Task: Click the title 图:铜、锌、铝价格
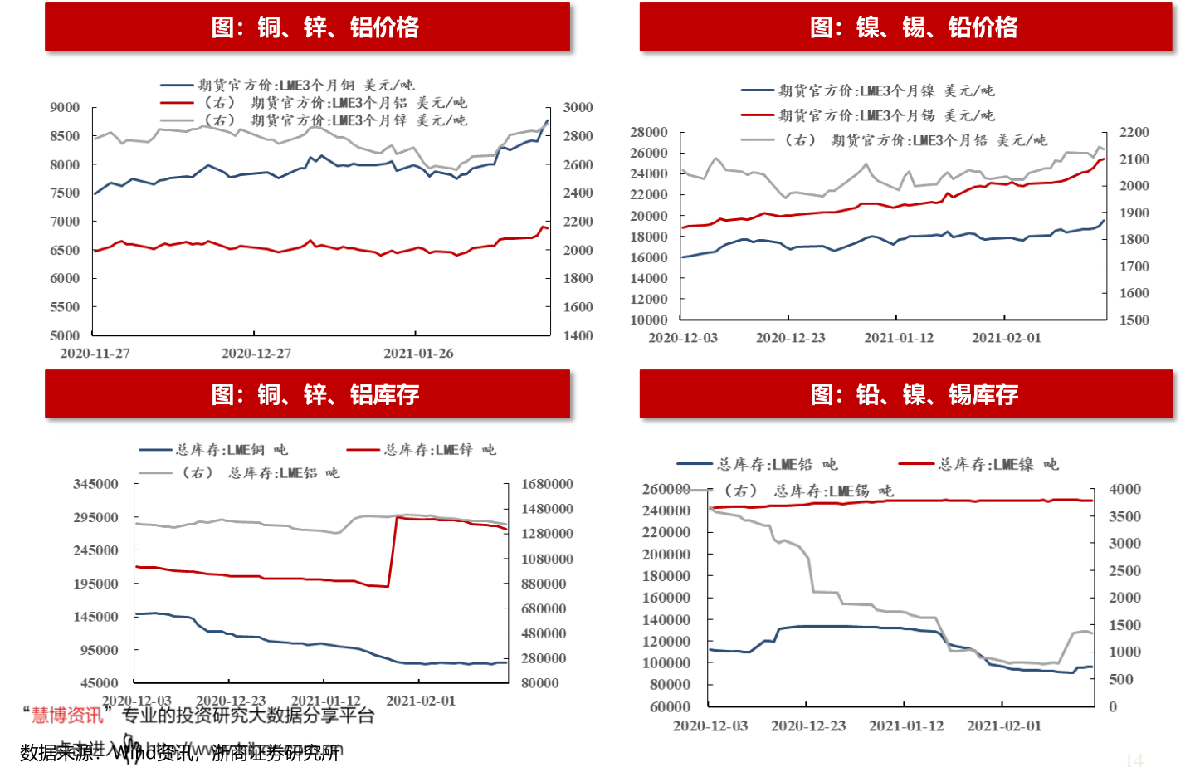315,27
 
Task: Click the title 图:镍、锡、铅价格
914,27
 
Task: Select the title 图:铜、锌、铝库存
315,394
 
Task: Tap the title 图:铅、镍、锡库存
914,394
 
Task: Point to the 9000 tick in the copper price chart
65,108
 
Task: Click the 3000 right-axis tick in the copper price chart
578,108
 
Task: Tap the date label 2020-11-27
95,354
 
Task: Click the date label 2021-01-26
418,354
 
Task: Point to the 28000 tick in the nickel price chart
649,133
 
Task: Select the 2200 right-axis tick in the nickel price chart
1134,133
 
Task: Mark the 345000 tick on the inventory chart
96,484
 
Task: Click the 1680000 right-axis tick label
547,484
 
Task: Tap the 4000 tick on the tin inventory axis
1124,490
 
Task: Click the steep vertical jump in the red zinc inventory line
393,552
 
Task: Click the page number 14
1134,760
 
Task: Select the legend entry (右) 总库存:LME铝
260,473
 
